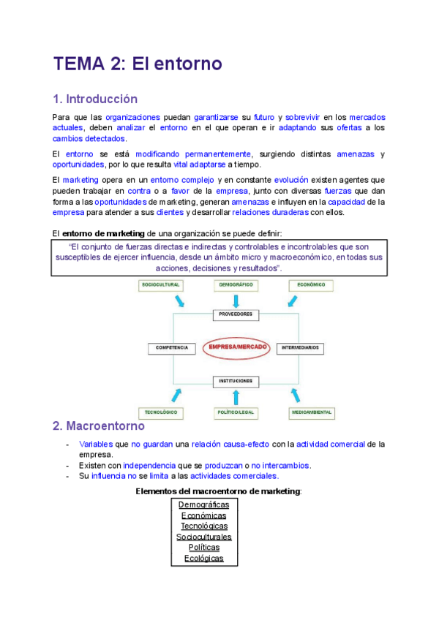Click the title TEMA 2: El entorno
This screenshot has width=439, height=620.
[138, 64]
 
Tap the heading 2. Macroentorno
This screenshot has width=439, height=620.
[99, 426]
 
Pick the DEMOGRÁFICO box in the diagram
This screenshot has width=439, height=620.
[236, 285]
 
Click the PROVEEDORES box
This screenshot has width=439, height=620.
[236, 314]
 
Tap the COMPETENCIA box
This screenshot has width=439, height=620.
[172, 348]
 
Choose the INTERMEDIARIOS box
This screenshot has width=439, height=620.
[301, 348]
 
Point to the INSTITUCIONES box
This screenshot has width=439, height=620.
[236, 382]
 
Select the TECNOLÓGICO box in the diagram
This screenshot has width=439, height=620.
[162, 412]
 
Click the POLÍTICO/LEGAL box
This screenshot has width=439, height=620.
[236, 412]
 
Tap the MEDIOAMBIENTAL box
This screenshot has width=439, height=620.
[311, 412]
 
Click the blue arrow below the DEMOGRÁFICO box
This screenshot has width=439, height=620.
[236, 300]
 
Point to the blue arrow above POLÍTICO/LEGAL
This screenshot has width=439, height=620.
[236, 396]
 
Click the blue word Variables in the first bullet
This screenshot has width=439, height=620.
[94, 444]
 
